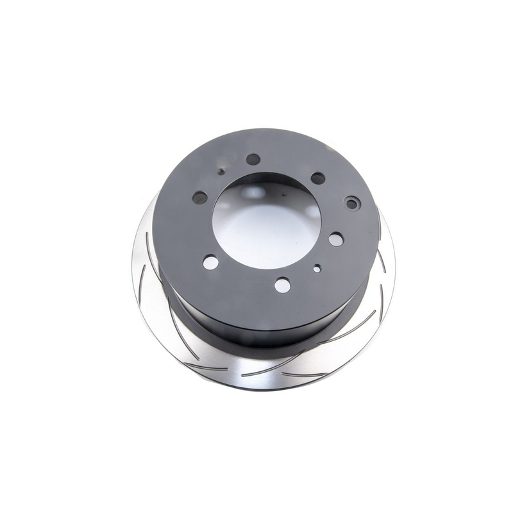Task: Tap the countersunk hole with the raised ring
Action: [x=352, y=204]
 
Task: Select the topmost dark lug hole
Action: [x=253, y=159]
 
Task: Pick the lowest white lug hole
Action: [x=282, y=285]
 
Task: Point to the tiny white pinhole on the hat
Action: [x=317, y=269]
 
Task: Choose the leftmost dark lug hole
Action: [x=200, y=198]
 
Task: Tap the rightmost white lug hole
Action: [x=336, y=239]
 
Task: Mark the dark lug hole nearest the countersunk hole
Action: [x=317, y=178]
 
